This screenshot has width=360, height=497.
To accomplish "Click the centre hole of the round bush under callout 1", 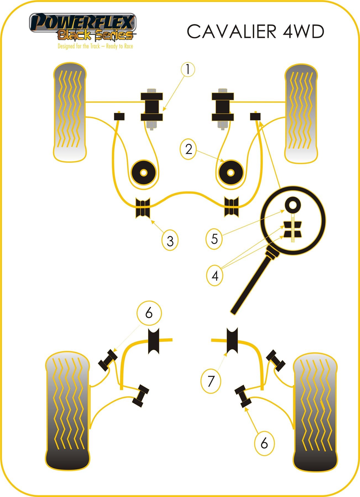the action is (143, 172).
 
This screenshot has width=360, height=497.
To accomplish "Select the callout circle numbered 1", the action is (188, 69).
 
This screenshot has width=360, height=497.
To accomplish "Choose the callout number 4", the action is (215, 275).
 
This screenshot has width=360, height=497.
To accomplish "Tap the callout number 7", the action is (211, 381).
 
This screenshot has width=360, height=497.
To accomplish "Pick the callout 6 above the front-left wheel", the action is (149, 313).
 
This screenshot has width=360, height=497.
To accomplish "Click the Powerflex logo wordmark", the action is (82, 23).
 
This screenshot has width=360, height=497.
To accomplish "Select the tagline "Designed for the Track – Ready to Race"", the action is (95, 46).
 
